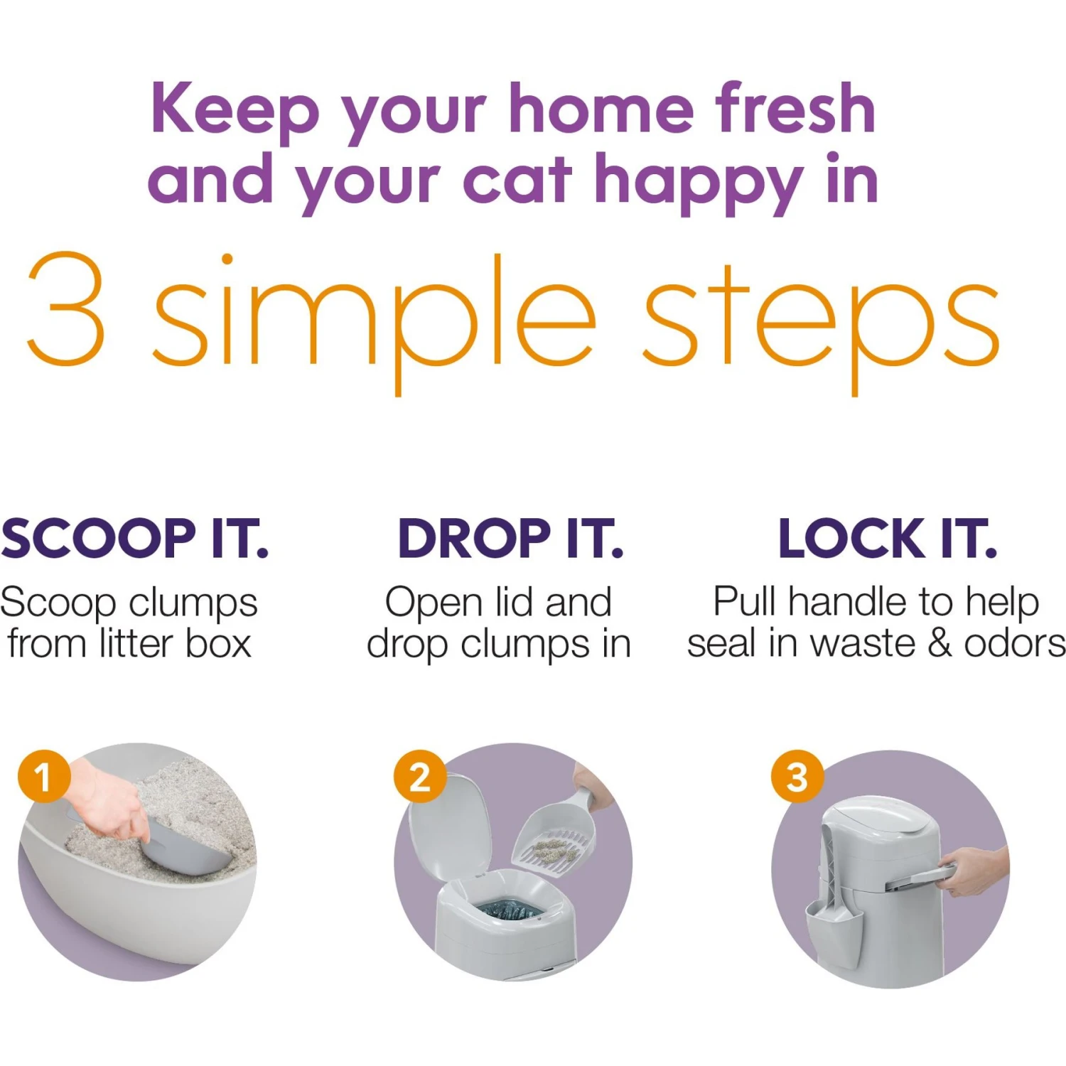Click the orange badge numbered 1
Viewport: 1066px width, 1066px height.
[44, 776]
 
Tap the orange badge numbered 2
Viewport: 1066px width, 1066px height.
[420, 776]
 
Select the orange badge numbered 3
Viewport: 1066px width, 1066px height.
[797, 776]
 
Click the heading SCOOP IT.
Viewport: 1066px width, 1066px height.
[135, 539]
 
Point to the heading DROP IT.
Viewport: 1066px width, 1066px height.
[510, 539]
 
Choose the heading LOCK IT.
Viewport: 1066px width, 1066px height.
[888, 539]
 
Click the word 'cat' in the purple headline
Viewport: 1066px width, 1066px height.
[517, 180]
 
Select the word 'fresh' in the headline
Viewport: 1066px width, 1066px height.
[795, 109]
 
